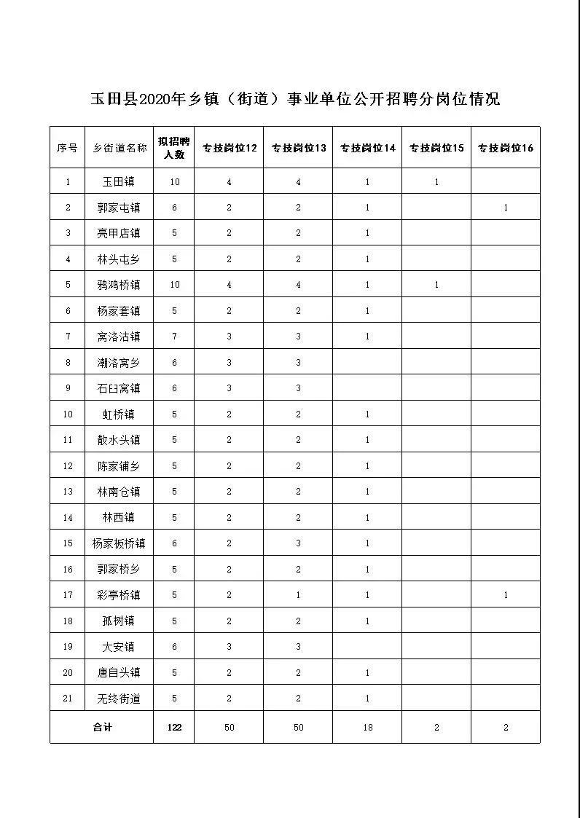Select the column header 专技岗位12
230,148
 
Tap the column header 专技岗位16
506,148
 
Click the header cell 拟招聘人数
174,148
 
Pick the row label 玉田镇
119,182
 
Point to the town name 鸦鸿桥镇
119,285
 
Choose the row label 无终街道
119,699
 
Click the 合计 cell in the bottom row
101,727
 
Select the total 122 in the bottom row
174,727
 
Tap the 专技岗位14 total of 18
367,727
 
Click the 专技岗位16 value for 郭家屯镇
506,208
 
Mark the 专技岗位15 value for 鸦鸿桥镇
436,285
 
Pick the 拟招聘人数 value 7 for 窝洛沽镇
174,337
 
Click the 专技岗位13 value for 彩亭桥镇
298,595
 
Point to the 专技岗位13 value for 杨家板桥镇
298,543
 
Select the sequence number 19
68,647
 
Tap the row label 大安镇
119,647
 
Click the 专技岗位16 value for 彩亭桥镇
506,595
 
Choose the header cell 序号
68,148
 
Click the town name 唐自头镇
119,673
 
